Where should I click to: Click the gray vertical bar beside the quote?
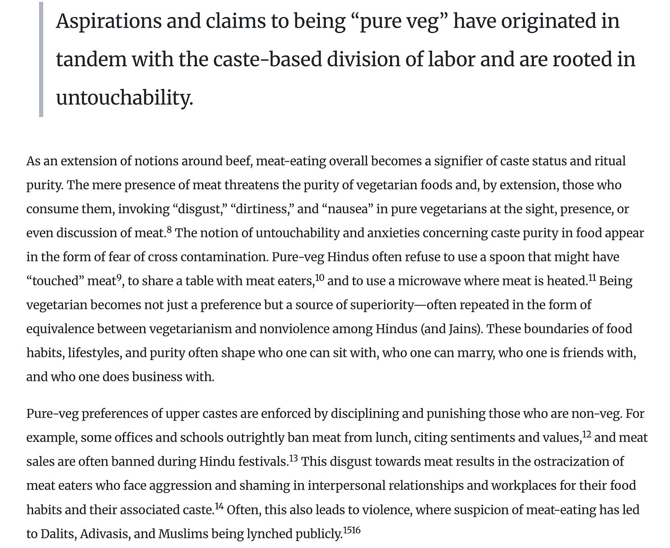coord(41,59)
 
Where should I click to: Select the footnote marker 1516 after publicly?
coord(352,531)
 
